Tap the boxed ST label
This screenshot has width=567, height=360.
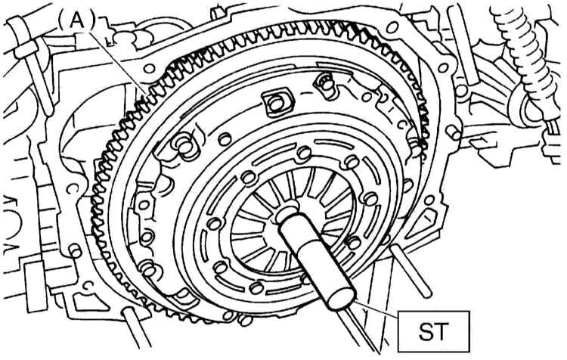pyautogui.click(x=434, y=331)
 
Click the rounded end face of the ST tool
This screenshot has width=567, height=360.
pyautogui.click(x=341, y=295)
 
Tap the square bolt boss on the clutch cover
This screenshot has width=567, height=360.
pyautogui.click(x=276, y=104)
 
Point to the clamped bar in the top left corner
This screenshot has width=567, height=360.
pyautogui.click(x=31, y=65)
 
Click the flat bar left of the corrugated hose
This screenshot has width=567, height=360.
pyautogui.click(x=462, y=45)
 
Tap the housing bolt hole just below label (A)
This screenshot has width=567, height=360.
pyautogui.click(x=150, y=68)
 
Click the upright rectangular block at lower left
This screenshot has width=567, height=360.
pyautogui.click(x=36, y=287)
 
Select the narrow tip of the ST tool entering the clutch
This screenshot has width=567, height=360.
pyautogui.click(x=287, y=213)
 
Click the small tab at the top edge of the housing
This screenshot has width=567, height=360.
pyautogui.click(x=216, y=14)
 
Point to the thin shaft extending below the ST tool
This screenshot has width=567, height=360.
pyautogui.click(x=358, y=329)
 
